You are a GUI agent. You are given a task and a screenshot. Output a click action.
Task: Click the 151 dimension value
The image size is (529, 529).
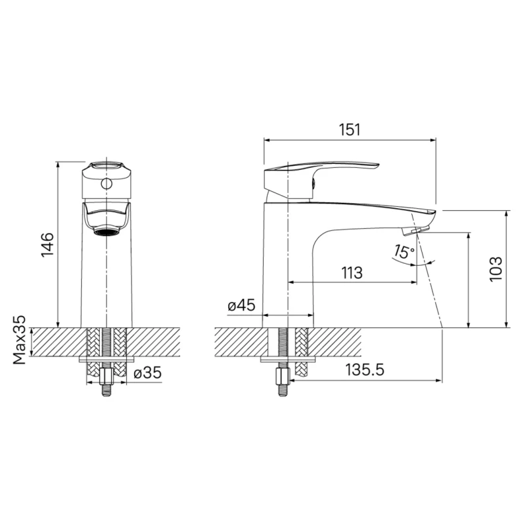[x=350, y=130]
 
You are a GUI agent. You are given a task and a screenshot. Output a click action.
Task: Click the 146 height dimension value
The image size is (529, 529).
[x=48, y=245]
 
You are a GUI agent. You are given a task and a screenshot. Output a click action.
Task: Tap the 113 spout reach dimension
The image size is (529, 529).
[x=352, y=273]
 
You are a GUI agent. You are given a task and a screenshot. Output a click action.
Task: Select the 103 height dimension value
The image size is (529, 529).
[x=495, y=269]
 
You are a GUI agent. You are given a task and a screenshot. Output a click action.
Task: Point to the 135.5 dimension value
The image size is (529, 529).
[x=365, y=370]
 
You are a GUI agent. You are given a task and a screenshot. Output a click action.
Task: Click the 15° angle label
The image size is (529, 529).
[x=403, y=252]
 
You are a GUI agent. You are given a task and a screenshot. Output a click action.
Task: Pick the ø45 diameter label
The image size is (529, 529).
[x=241, y=306]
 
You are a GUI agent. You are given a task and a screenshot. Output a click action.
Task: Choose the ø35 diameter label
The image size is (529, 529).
[x=147, y=373]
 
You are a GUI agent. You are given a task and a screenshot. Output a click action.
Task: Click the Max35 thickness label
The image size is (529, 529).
[x=20, y=340]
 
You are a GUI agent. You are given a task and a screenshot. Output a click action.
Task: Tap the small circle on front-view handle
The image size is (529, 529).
[x=106, y=184]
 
